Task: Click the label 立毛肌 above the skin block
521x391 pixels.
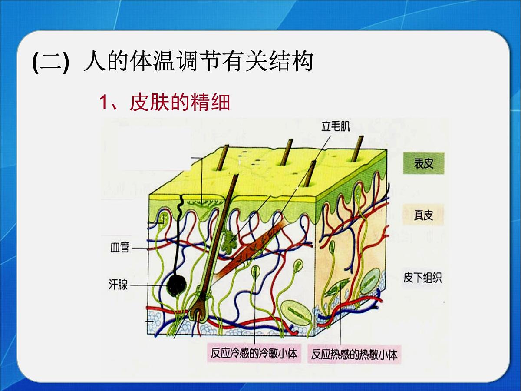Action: [x=336, y=126]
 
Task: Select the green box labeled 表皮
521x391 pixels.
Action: [x=423, y=163]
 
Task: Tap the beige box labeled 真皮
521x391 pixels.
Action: [x=423, y=215]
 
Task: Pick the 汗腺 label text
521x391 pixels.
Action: [x=118, y=285]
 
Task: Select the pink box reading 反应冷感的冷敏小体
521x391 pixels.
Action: [x=254, y=354]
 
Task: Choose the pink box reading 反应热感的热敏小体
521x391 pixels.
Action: [x=354, y=355]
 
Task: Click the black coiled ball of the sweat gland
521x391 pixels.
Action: [x=177, y=285]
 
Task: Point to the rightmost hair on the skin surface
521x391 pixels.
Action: [x=358, y=149]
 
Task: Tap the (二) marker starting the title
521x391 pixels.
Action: [x=50, y=62]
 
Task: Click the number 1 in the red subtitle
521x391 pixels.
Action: [x=103, y=103]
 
